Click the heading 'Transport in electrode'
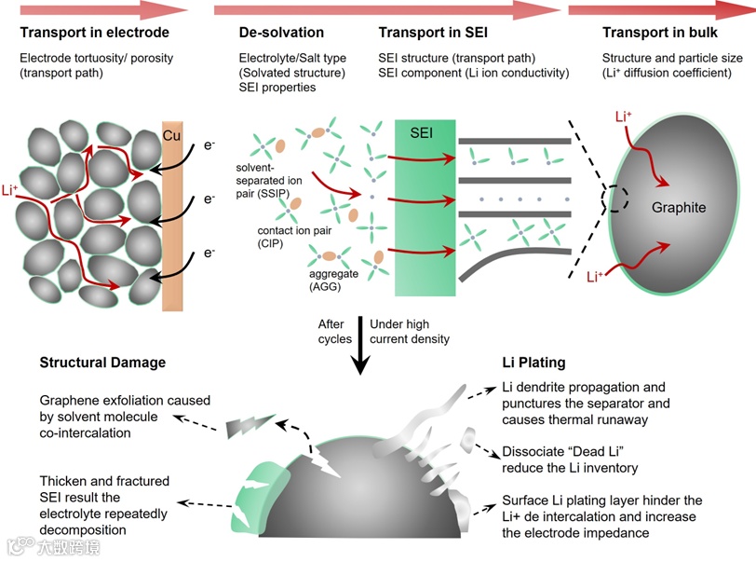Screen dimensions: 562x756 [x=94, y=34]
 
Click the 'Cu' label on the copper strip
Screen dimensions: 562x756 [x=171, y=135]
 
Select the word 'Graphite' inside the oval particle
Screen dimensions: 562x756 [x=679, y=208]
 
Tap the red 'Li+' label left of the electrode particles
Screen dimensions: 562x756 [x=10, y=190]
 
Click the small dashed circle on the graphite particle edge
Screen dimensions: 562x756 [x=616, y=197]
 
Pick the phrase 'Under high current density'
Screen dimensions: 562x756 [x=409, y=331]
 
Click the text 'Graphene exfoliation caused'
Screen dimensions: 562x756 [x=125, y=401]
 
